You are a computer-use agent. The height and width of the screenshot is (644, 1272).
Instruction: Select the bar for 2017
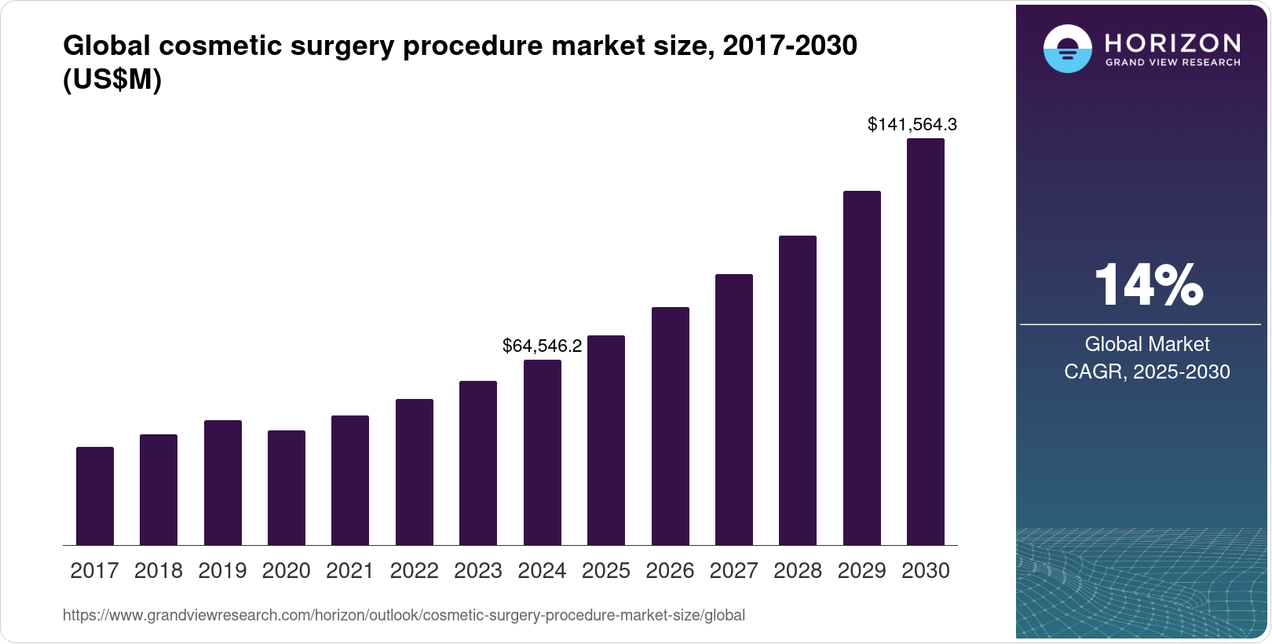coord(95,496)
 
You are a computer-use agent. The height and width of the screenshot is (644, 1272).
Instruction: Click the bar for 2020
coord(287,488)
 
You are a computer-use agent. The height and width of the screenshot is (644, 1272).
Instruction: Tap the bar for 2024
coord(543,452)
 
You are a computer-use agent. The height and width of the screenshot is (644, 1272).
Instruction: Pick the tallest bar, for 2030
coord(926,342)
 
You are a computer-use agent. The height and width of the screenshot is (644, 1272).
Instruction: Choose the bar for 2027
coord(734,409)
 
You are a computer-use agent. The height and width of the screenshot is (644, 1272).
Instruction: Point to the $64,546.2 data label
coord(542,346)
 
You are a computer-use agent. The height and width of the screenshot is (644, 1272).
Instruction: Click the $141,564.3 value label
coord(912,124)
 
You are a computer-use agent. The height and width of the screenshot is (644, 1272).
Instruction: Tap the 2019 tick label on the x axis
coord(222,571)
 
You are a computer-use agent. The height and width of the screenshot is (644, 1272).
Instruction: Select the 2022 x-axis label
coord(414,571)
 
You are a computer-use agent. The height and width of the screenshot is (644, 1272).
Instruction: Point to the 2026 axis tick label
coord(670,571)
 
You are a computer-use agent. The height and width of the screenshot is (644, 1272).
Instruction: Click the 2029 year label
coord(861,571)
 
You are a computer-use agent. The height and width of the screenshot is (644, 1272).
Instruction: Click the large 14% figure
coord(1148,284)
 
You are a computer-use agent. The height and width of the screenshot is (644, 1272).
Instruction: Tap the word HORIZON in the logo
coord(1172,43)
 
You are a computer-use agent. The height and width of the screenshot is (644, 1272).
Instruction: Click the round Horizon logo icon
coord(1067,49)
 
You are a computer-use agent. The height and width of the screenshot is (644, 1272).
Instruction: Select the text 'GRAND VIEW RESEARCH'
coord(1172,63)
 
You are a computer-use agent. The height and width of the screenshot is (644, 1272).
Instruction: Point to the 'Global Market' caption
coord(1147,344)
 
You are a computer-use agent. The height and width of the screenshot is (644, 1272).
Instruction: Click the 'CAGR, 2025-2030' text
coord(1147,371)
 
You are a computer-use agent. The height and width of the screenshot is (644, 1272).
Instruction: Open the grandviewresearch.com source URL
coord(404,616)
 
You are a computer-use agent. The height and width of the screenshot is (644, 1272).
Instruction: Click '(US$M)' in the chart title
coord(112,80)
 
